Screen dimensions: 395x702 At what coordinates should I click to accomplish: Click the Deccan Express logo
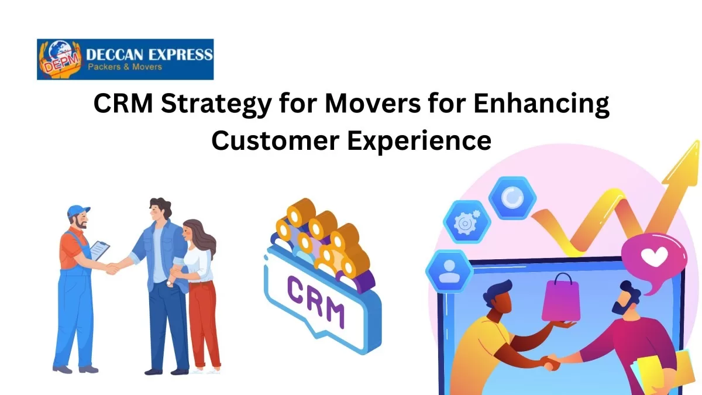tap(125, 59)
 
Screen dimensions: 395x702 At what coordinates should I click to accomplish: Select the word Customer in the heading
tap(274, 140)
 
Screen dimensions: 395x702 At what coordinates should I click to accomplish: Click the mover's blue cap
tap(78, 210)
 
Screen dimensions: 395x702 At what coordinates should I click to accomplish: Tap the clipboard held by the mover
tap(100, 250)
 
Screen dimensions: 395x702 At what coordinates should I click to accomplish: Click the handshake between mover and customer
tap(112, 268)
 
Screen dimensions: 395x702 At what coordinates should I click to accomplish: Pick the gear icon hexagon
tap(465, 223)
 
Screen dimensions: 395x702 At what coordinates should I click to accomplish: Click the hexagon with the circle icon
tap(512, 198)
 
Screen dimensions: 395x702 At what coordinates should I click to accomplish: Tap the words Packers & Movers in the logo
tap(124, 67)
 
